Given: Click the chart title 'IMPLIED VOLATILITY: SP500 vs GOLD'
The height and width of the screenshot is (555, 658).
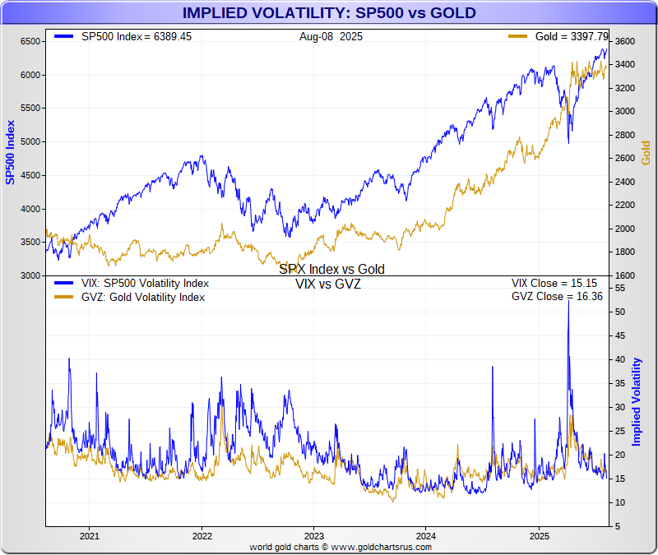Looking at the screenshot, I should pyautogui.click(x=328, y=13).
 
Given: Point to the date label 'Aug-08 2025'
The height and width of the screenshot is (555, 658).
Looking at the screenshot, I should pyautogui.click(x=331, y=37).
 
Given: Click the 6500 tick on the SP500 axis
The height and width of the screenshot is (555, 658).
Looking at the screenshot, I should pyautogui.click(x=30, y=41).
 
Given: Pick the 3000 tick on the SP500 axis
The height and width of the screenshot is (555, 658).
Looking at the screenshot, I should pyautogui.click(x=30, y=275).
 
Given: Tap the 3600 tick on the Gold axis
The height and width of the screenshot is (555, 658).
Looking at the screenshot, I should pyautogui.click(x=624, y=41).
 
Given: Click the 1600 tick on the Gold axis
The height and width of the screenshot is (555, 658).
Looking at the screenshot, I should pyautogui.click(x=624, y=275).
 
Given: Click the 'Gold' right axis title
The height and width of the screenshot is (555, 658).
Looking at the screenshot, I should pyautogui.click(x=646, y=152).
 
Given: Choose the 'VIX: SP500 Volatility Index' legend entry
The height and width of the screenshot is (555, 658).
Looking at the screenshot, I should pyautogui.click(x=145, y=284).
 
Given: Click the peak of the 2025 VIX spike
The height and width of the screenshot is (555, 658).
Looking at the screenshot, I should pyautogui.click(x=569, y=301).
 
